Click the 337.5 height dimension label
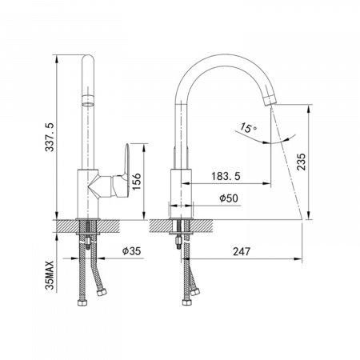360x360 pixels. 50,137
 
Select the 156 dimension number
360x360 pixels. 136,181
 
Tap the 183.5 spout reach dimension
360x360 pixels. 226,176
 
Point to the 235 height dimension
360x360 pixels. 302,162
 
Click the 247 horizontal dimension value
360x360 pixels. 242,251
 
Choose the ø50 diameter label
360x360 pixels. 229,198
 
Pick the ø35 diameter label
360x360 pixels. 131,251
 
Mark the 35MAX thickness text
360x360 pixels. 50,275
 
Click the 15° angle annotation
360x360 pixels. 248,128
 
